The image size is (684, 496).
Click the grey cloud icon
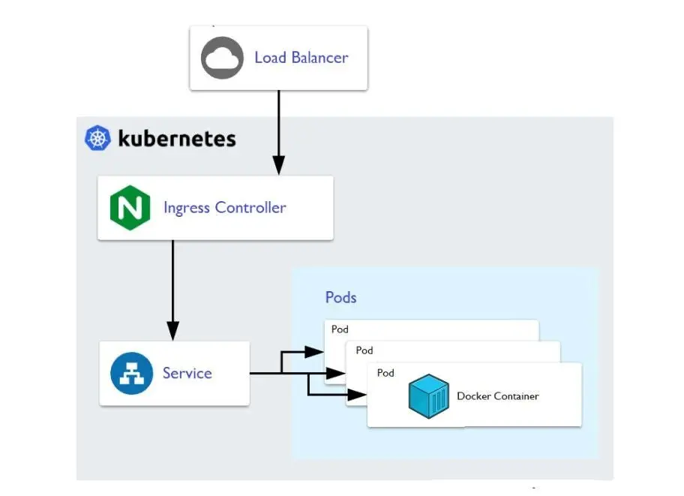click(222, 58)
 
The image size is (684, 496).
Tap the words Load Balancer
click(301, 58)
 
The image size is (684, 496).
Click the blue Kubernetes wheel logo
click(98, 139)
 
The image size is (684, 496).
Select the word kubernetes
click(177, 139)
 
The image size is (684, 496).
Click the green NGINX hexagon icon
click(130, 208)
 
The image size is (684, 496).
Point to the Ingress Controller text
click(224, 208)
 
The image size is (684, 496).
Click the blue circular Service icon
click(131, 374)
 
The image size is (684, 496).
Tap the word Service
click(187, 374)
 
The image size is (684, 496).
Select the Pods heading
click(340, 297)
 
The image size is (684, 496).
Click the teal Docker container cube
click(428, 397)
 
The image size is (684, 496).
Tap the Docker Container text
click(497, 396)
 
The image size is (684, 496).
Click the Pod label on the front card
click(385, 373)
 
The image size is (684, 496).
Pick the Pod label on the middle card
click(364, 350)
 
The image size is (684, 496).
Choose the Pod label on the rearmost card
click(340, 329)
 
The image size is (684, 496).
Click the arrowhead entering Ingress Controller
click(278, 165)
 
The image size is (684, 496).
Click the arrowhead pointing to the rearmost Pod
click(313, 351)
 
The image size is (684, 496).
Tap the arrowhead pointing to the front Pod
click(356, 394)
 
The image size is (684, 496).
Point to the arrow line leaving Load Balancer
click(278, 120)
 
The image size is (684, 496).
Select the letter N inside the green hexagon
click(130, 209)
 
